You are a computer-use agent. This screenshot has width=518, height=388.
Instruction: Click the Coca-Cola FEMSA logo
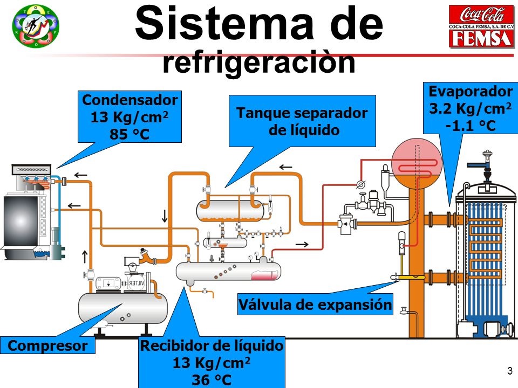[481, 26]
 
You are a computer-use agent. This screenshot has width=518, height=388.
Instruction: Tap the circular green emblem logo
[36, 26]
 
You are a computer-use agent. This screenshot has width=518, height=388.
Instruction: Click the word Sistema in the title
[224, 23]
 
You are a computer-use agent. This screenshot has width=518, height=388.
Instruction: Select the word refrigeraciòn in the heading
[259, 63]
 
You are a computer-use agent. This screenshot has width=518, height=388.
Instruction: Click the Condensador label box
[129, 117]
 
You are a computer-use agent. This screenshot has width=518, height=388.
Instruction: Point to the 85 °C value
[129, 134]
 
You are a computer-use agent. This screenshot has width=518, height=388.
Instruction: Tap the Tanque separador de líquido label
[302, 121]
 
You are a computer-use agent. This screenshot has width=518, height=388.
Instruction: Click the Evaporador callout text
[471, 92]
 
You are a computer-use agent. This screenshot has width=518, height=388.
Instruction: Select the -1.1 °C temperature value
[471, 126]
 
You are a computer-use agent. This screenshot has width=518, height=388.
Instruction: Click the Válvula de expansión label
[315, 304]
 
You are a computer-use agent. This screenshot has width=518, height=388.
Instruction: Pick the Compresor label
[47, 345]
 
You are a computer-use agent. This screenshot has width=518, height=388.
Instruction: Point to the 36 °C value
[212, 380]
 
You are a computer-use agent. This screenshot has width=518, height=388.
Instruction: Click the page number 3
[510, 371]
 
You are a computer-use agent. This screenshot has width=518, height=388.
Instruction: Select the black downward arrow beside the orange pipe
[165, 216]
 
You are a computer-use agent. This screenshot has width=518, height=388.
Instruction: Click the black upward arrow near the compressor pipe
[85, 257]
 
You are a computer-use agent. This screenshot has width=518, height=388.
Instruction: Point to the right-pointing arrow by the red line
[302, 244]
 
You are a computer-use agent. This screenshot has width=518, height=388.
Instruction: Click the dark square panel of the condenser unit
[21, 220]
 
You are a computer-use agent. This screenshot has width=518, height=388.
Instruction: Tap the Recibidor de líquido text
[212, 345]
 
